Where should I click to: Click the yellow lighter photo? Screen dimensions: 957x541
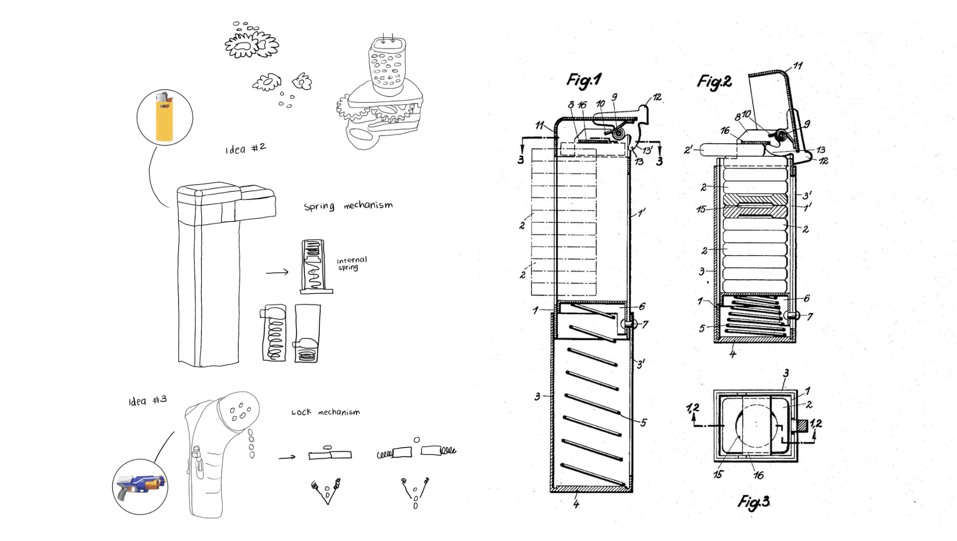click(x=164, y=117)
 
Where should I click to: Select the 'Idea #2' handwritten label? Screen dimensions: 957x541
click(x=245, y=148)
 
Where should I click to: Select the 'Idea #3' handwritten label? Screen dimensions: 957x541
click(x=148, y=400)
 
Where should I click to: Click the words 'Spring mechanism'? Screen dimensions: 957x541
click(x=348, y=206)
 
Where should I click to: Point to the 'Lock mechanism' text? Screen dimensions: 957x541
click(x=325, y=412)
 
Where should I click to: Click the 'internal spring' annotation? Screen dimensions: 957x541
click(x=351, y=263)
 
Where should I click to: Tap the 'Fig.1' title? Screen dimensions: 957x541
click(x=584, y=80)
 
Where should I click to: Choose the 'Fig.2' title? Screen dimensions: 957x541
click(x=715, y=82)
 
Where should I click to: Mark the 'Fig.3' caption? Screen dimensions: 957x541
click(x=754, y=502)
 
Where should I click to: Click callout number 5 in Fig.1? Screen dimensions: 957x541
click(x=643, y=423)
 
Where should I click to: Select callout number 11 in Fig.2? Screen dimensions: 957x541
click(x=798, y=66)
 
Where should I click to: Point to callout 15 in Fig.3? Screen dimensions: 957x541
click(x=718, y=474)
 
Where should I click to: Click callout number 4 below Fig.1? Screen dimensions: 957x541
click(x=576, y=504)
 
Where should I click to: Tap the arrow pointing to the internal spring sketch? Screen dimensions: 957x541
click(x=277, y=272)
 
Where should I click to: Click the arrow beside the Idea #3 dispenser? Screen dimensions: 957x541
click(x=287, y=458)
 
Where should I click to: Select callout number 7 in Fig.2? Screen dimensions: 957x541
click(x=810, y=317)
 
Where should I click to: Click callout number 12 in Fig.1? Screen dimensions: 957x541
click(x=657, y=98)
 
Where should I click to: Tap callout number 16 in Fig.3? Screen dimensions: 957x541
click(x=758, y=475)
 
